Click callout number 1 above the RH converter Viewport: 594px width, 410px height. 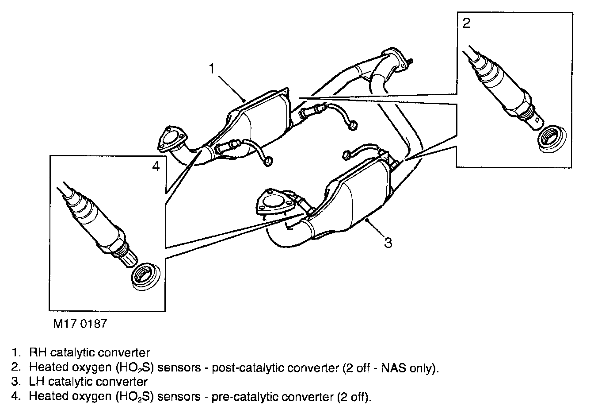[212, 69]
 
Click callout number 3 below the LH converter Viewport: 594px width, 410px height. [388, 243]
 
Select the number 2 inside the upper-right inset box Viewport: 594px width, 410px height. [466, 23]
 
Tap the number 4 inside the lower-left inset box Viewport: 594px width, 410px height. [155, 166]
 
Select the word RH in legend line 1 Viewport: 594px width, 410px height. [37, 353]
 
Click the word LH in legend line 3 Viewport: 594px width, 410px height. [37, 381]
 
